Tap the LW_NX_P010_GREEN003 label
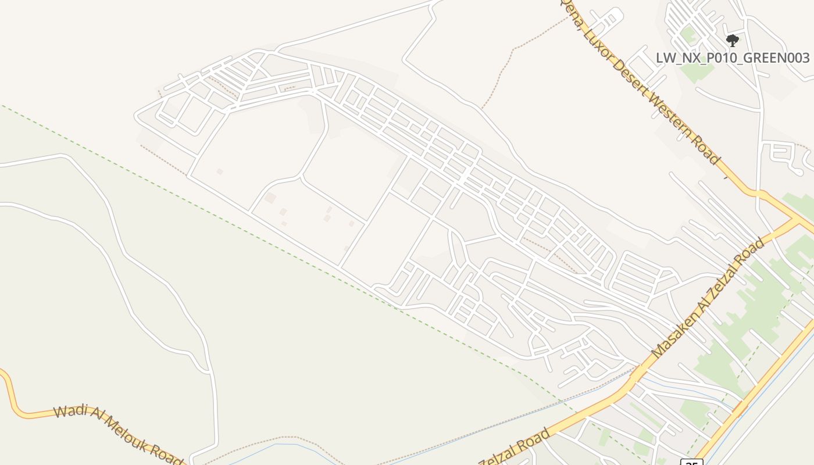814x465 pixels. tap(733, 58)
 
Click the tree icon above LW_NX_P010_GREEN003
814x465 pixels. tap(733, 40)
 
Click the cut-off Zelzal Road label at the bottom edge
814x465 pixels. tap(515, 449)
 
